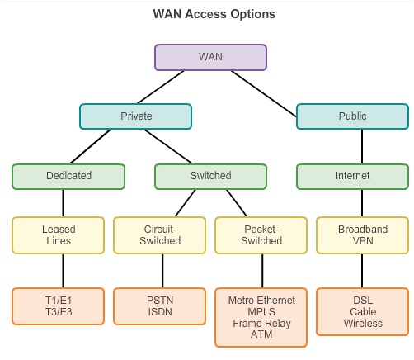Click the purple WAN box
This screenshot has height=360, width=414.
click(x=210, y=57)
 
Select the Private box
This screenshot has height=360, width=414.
click(x=136, y=116)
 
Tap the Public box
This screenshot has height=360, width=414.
click(x=352, y=116)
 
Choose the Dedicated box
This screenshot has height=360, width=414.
click(x=68, y=177)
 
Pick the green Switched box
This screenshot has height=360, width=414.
click(x=210, y=177)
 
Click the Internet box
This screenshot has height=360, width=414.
click(x=352, y=177)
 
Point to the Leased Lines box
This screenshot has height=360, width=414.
click(x=59, y=235)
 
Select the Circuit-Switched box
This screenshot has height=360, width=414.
click(x=160, y=235)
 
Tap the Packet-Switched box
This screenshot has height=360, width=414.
click(x=261, y=235)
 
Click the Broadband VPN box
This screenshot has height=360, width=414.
click(x=363, y=235)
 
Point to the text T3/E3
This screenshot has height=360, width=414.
click(x=59, y=312)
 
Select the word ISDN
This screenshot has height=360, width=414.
click(x=160, y=312)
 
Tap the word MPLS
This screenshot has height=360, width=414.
click(x=261, y=312)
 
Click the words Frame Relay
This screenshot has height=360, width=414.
click(x=261, y=324)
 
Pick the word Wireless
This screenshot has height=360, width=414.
click(x=363, y=324)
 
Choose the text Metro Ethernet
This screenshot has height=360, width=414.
click(x=261, y=301)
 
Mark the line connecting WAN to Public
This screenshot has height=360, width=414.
click(x=264, y=94)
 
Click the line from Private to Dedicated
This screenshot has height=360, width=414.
click(x=91, y=146)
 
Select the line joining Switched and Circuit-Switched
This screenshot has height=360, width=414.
click(x=186, y=203)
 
